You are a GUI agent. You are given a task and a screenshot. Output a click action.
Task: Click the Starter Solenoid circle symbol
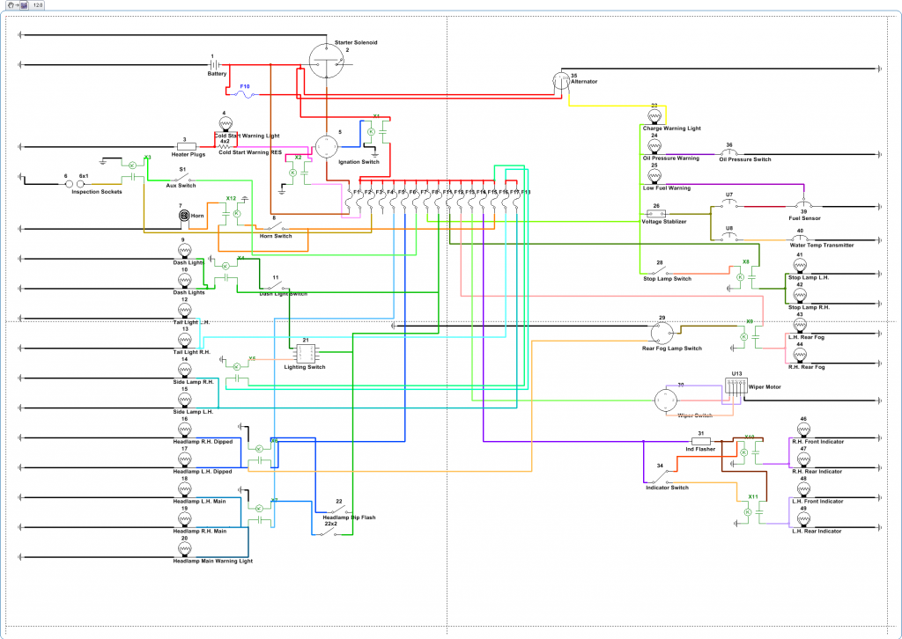pos(330,62)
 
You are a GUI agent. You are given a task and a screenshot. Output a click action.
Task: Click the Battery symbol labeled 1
pos(214,65)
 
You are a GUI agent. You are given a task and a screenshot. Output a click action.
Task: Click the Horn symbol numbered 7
pos(184,215)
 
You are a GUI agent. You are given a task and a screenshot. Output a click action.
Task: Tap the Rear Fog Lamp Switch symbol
pos(662,333)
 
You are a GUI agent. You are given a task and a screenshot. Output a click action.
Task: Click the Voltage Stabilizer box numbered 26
pos(657,213)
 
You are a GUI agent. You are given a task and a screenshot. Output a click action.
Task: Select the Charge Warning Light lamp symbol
pos(654,116)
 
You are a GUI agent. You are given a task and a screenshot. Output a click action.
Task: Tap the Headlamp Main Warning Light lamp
pos(184,549)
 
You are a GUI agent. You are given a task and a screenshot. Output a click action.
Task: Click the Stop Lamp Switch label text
pos(667,279)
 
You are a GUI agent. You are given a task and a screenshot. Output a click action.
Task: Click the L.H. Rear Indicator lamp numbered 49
pos(802,520)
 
